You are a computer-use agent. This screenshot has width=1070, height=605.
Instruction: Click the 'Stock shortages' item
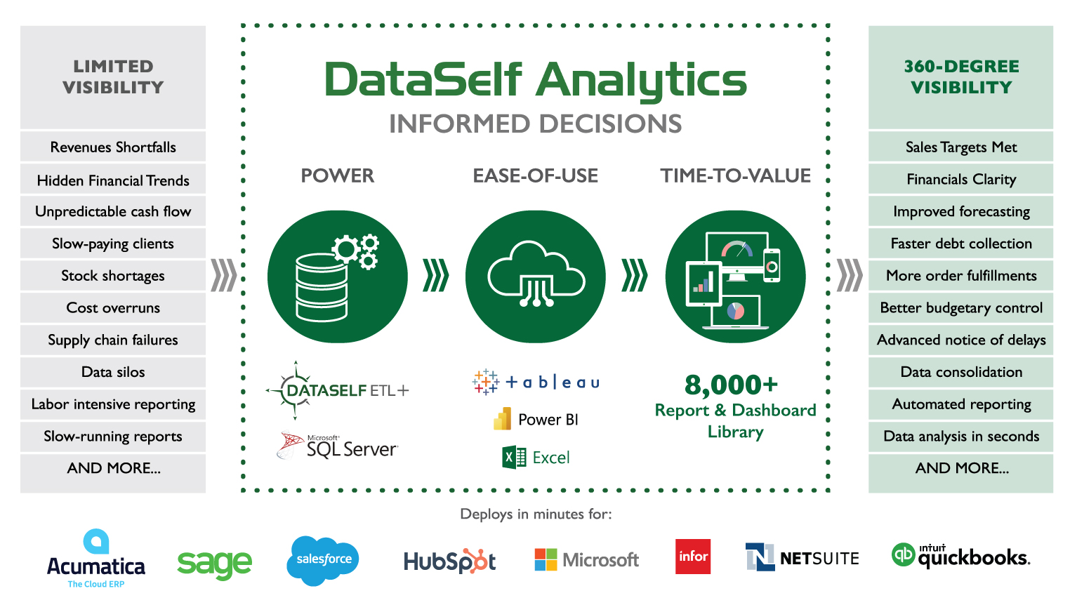[x=113, y=276]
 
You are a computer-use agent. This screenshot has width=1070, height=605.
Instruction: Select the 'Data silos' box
[x=113, y=372]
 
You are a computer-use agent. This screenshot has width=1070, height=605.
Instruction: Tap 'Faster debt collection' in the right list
[x=960, y=244]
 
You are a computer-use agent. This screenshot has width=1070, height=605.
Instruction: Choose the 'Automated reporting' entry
[x=960, y=404]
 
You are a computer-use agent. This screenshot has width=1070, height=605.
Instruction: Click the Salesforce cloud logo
[x=324, y=559]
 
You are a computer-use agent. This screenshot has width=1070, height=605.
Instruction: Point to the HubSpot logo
[x=449, y=561]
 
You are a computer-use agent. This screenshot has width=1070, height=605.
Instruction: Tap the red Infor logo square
[x=693, y=557]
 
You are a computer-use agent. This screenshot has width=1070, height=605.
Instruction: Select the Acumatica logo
[x=96, y=559]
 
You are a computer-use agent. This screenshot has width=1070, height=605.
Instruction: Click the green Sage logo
[x=214, y=564]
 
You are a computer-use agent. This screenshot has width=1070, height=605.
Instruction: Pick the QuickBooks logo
[x=960, y=556]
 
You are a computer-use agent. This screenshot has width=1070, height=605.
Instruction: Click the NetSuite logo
[x=802, y=558]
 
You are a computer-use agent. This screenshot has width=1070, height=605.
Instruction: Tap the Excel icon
[x=514, y=458]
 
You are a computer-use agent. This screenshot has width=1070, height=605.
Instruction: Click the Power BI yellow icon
[x=503, y=419]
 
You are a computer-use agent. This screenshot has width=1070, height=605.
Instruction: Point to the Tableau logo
[x=536, y=382]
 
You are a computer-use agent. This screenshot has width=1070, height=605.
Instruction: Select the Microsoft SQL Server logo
[x=338, y=446]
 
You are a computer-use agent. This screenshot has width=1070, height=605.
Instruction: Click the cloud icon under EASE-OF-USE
[x=536, y=276]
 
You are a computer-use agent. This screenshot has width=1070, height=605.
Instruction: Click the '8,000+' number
[x=732, y=385]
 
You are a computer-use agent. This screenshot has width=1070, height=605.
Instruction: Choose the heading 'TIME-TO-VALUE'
[x=735, y=175]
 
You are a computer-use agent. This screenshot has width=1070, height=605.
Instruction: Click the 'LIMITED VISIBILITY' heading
[x=113, y=77]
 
